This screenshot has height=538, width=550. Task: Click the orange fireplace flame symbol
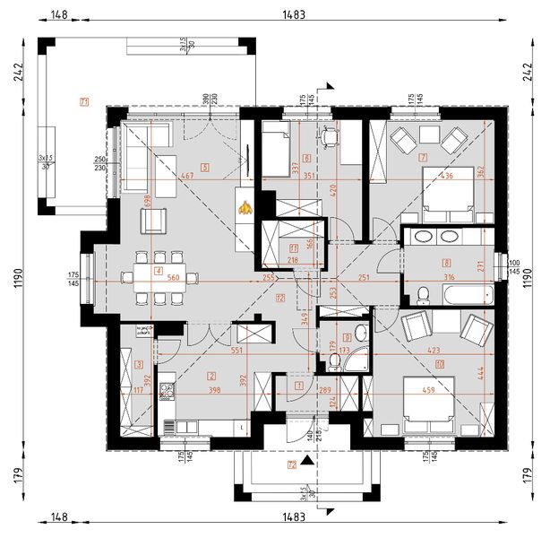[x=244, y=209]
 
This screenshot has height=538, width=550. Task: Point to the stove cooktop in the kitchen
[x=166, y=390]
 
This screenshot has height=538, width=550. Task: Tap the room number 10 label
[x=440, y=363]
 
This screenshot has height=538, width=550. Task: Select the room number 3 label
[x=139, y=364]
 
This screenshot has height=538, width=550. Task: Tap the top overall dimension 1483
[x=292, y=14]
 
